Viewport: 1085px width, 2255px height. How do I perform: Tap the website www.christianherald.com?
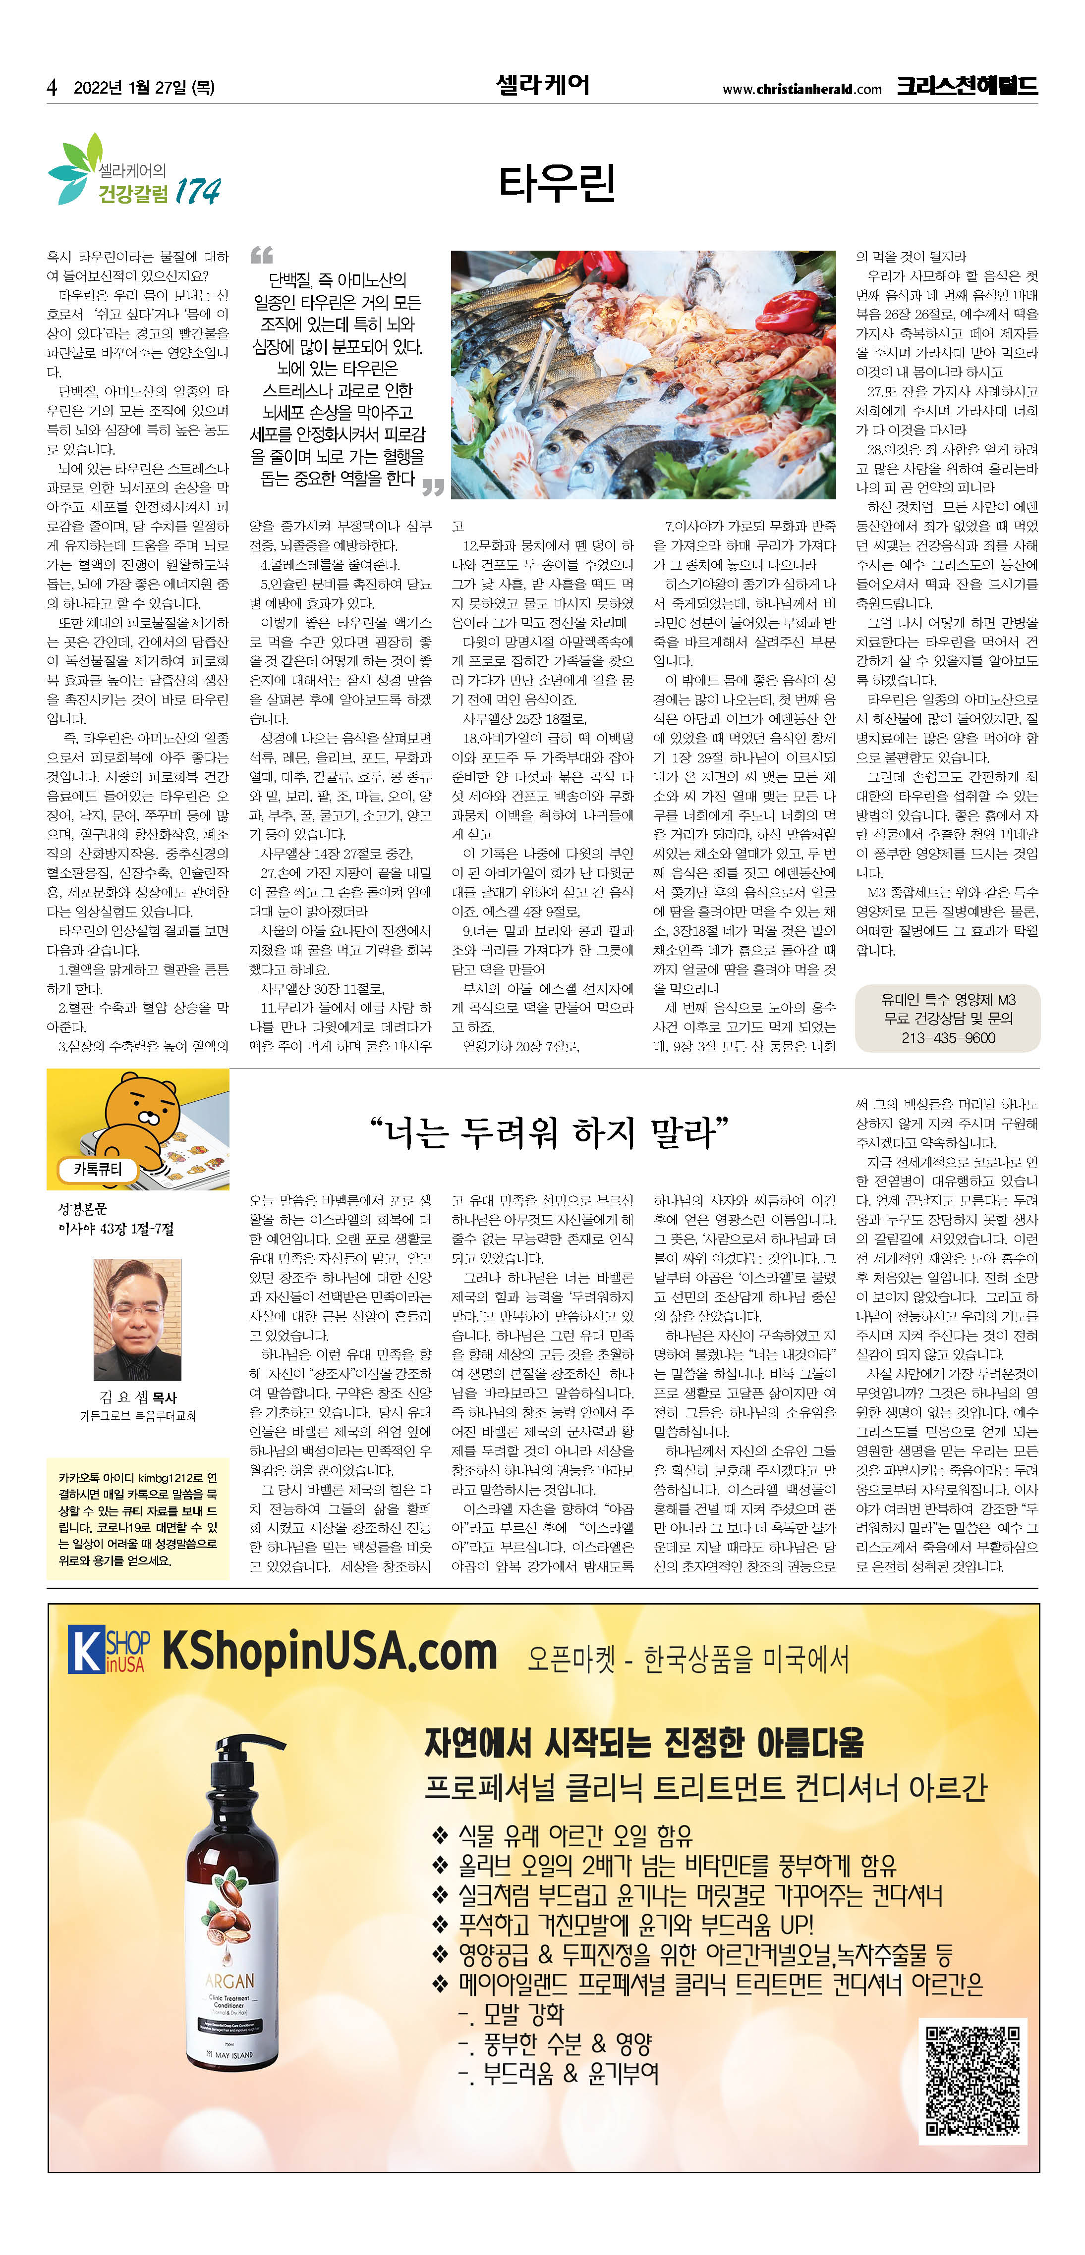coord(801,88)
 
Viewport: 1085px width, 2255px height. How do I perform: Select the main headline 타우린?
coord(557,183)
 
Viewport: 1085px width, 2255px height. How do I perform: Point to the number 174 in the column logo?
coord(197,191)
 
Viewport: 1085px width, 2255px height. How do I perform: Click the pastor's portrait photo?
coord(137,1319)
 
